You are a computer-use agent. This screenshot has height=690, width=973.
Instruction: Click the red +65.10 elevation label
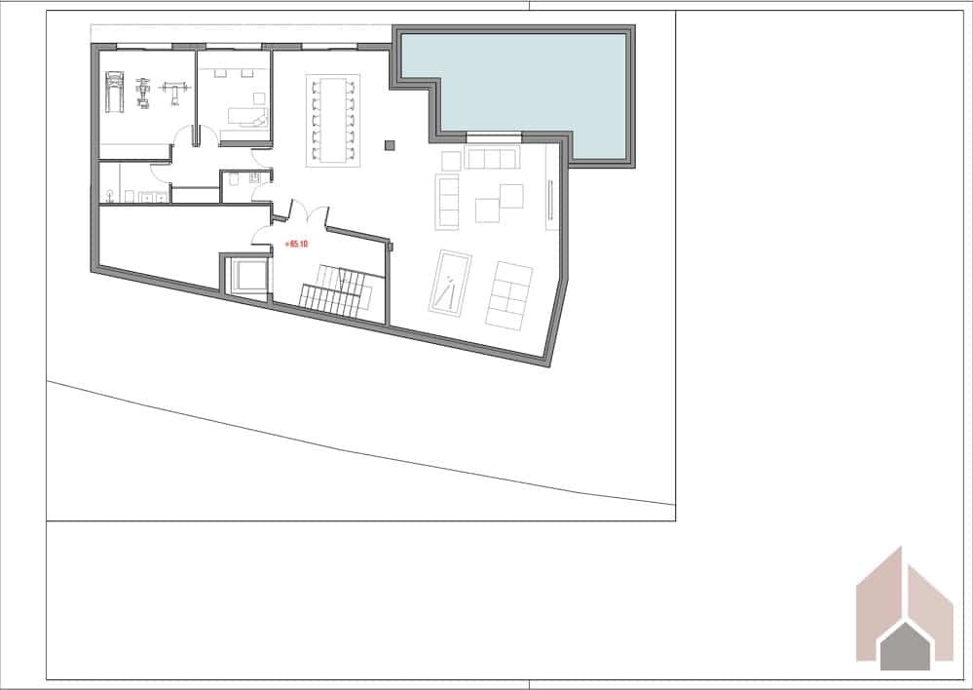click(x=296, y=244)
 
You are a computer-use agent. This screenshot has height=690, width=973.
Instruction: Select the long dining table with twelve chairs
click(x=333, y=121)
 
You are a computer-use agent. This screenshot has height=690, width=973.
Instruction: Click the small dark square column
click(x=390, y=145)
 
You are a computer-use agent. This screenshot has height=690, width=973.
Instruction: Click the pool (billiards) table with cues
click(x=450, y=283)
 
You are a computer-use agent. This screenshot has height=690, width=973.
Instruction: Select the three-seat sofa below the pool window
click(x=490, y=159)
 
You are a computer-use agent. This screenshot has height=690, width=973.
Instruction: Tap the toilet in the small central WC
click(x=239, y=178)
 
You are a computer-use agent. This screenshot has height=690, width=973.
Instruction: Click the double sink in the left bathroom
click(x=153, y=196)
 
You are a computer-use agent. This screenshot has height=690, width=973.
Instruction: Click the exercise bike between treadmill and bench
click(x=144, y=92)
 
